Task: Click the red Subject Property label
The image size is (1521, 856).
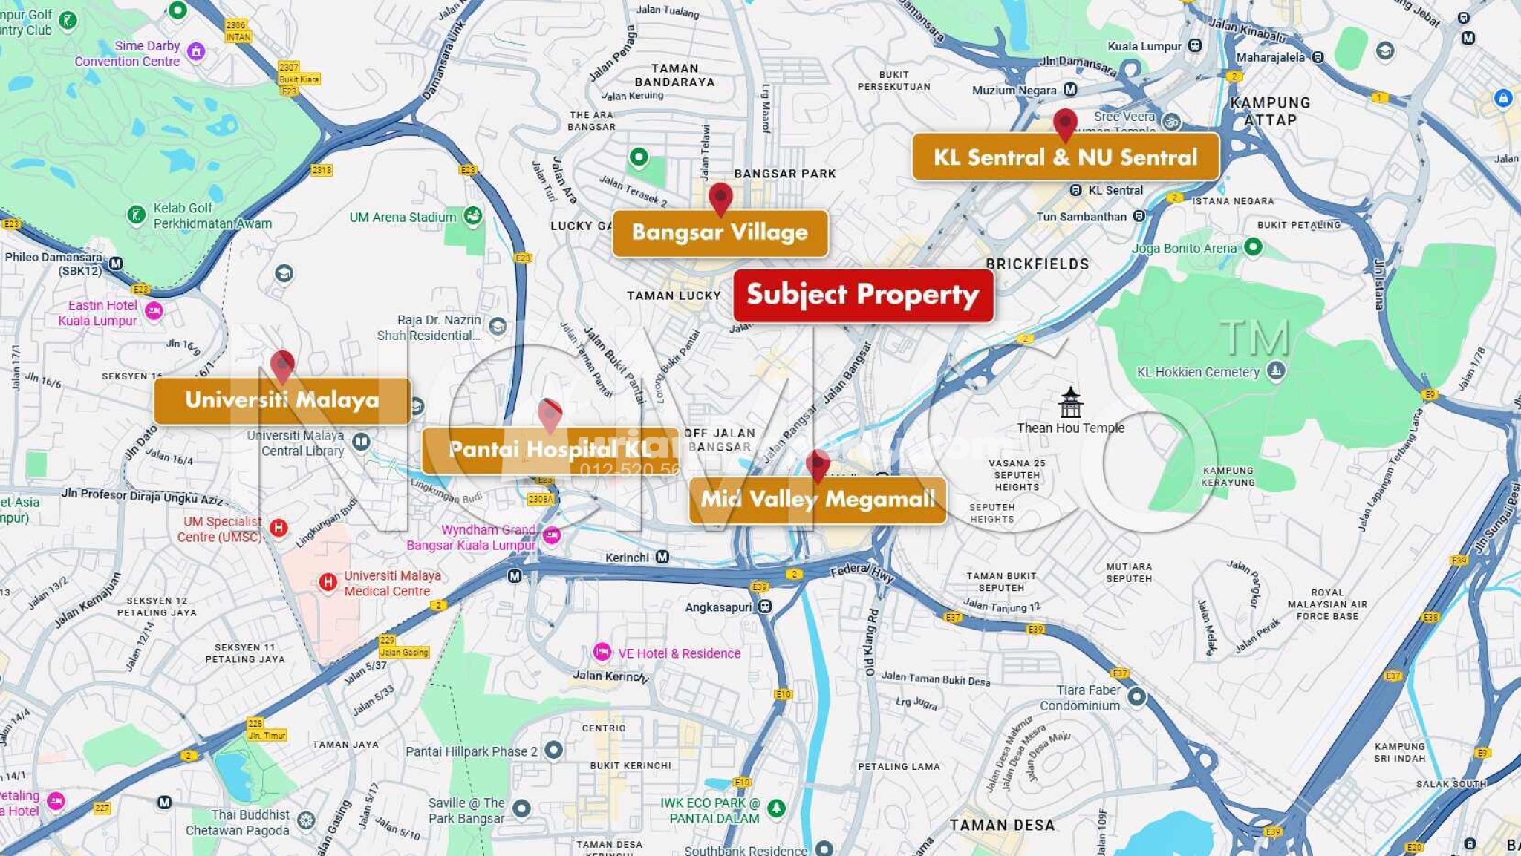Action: click(863, 295)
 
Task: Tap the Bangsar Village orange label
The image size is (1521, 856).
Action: click(720, 232)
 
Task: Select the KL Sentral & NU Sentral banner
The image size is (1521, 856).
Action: click(1065, 157)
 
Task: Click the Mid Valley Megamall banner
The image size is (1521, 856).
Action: click(818, 500)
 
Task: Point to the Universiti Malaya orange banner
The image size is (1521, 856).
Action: click(281, 400)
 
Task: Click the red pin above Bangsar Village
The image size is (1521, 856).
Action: click(720, 198)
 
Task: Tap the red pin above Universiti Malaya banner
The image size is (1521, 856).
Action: click(282, 365)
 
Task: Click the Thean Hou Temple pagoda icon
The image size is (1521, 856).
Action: click(1070, 402)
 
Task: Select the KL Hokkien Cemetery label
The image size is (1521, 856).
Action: click(1198, 372)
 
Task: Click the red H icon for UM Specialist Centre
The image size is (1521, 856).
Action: click(279, 528)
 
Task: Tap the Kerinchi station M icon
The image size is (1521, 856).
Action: click(662, 557)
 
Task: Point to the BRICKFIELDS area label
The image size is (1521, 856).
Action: click(1037, 264)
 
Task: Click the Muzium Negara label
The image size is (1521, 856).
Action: click(1014, 91)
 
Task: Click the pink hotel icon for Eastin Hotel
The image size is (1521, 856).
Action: click(154, 310)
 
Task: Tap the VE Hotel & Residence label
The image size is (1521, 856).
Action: click(679, 653)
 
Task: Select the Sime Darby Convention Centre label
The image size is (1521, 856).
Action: click(127, 53)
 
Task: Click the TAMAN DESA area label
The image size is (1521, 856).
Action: click(1001, 825)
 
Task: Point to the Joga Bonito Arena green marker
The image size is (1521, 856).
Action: click(1253, 246)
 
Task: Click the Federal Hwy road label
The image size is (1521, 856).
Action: click(862, 572)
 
